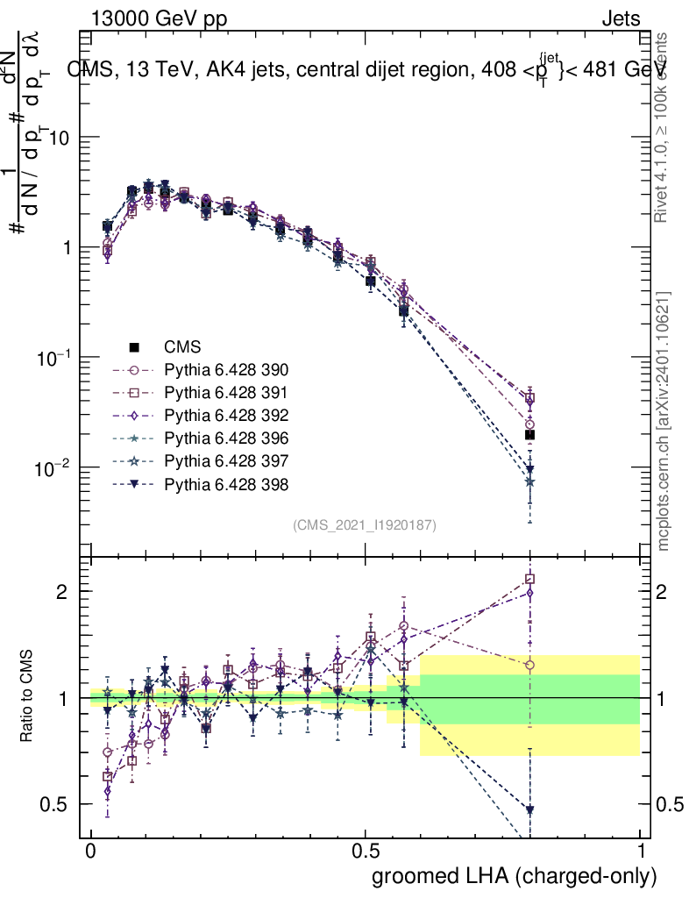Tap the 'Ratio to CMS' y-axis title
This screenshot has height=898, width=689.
point(25,697)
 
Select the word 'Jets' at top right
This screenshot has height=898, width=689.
point(620,18)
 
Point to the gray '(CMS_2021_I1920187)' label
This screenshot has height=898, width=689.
point(365,524)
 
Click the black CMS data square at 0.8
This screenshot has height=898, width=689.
point(529,435)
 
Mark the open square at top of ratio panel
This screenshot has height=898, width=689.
point(529,579)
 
